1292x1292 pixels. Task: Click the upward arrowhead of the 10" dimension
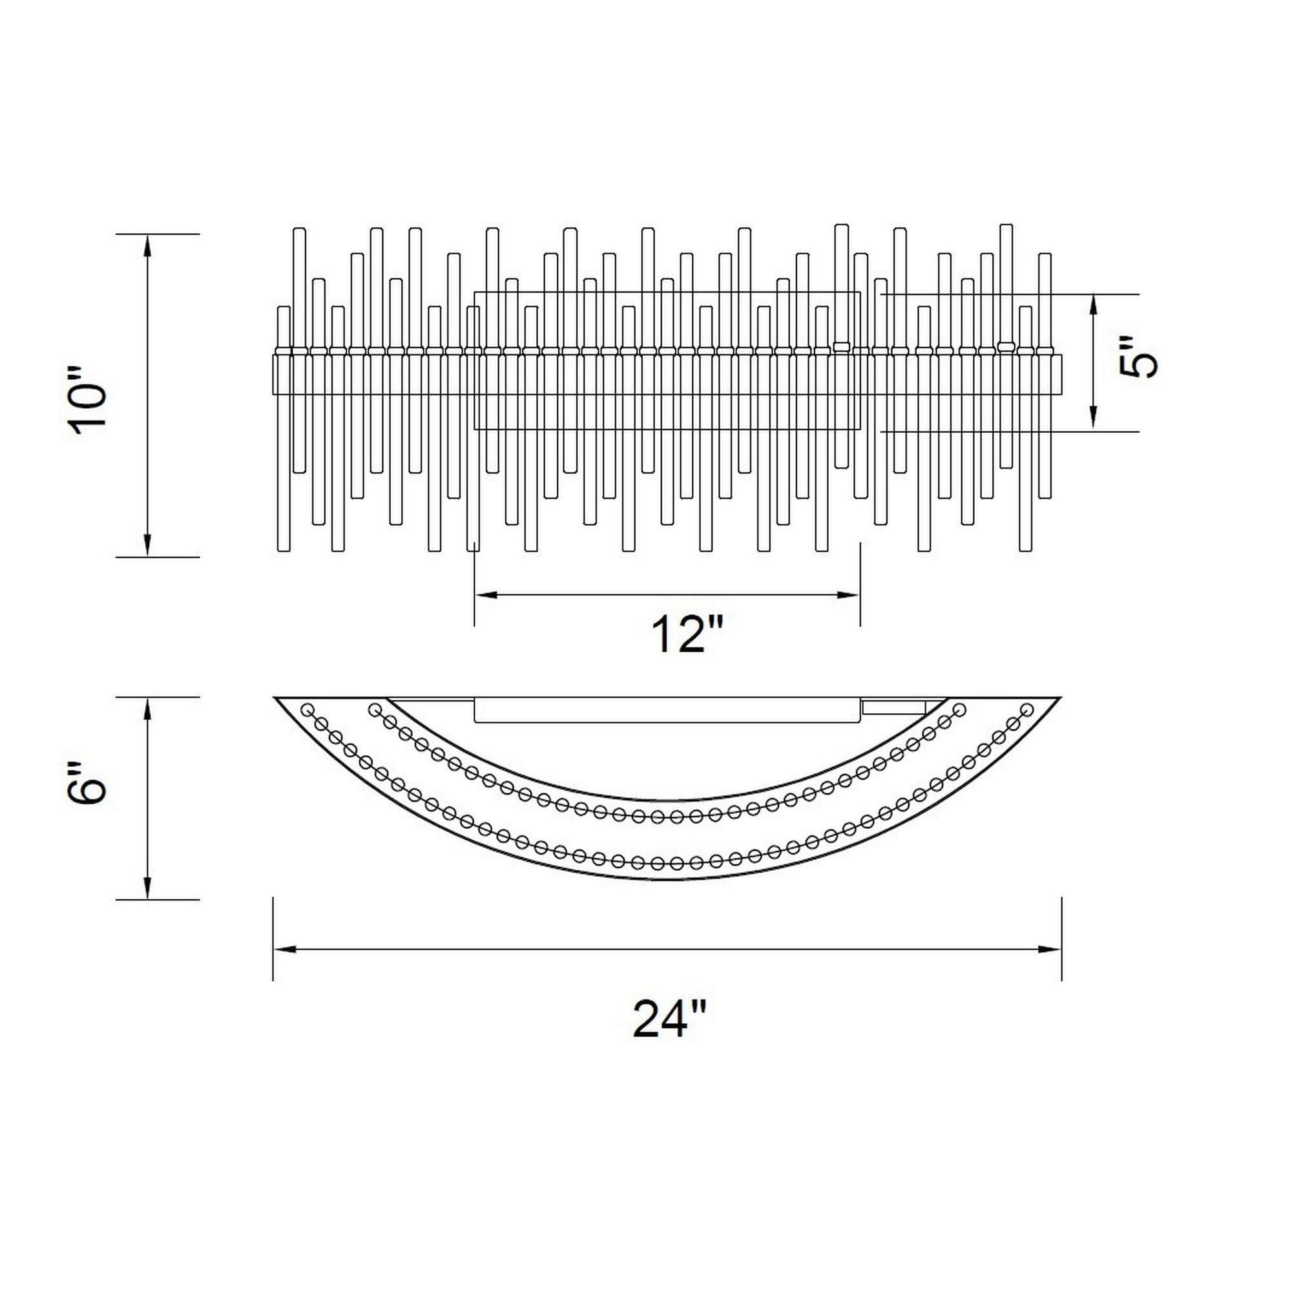tap(148, 245)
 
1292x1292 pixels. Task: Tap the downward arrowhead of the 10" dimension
tap(148, 545)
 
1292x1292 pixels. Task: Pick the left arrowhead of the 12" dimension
tap(486, 594)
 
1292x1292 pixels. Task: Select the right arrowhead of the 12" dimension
tap(848, 594)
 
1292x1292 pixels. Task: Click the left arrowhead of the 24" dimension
tap(285, 950)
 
